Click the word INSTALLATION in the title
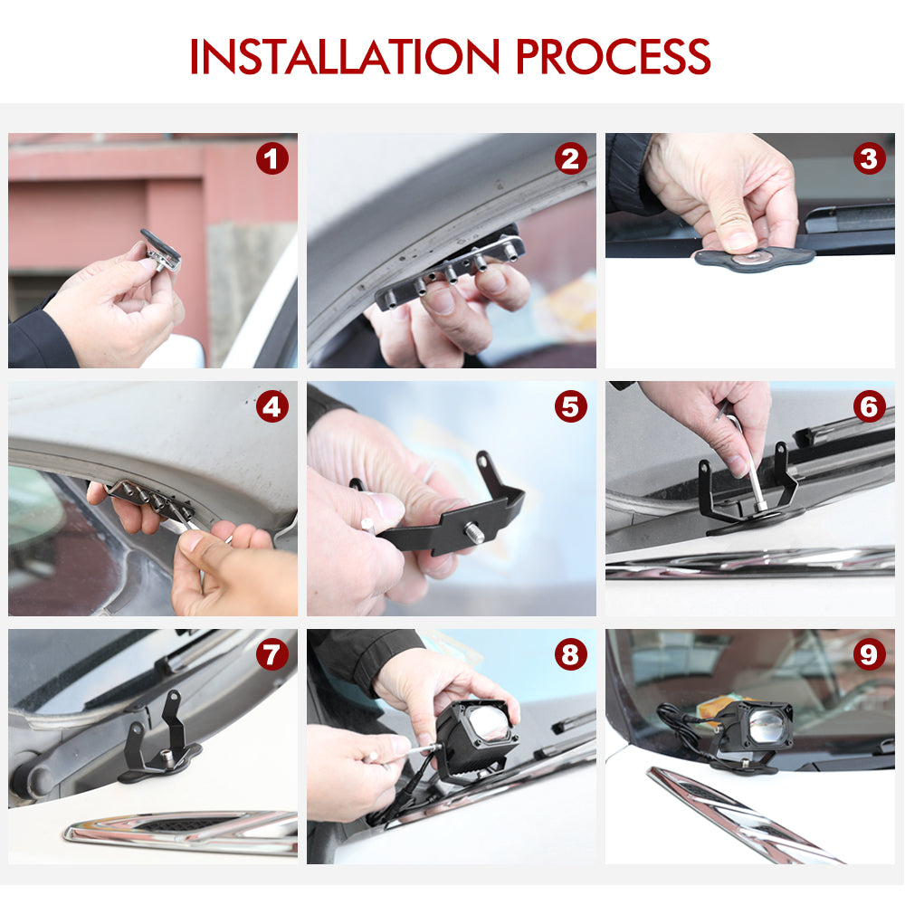(345, 56)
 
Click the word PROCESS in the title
(613, 56)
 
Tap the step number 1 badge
(271, 158)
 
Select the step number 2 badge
(570, 158)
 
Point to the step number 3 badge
(869, 158)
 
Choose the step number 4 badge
(271, 406)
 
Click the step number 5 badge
(570, 406)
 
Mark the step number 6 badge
(869, 406)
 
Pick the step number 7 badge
(271, 654)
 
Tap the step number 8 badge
(570, 654)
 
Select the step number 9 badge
(869, 654)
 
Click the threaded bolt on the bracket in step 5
(474, 531)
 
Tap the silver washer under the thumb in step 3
(752, 257)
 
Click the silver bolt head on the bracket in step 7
(167, 757)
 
